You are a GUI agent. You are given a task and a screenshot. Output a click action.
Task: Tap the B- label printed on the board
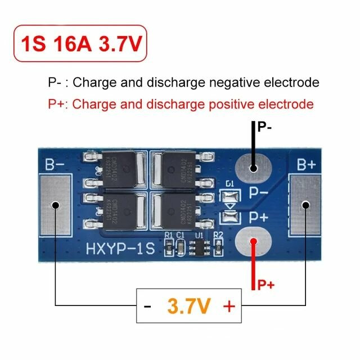click(x=55, y=165)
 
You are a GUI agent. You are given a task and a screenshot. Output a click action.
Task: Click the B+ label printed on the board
click(x=307, y=165)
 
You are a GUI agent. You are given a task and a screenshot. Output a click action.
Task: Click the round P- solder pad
click(x=254, y=167)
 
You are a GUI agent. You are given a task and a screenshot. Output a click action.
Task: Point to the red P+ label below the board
click(x=265, y=285)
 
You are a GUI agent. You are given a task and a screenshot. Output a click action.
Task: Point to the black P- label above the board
click(x=265, y=128)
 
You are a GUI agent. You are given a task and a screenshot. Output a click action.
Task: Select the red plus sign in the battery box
click(x=229, y=307)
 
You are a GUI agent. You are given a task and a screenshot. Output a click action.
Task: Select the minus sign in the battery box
click(x=147, y=307)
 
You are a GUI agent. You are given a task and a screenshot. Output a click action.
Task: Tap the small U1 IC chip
click(x=199, y=246)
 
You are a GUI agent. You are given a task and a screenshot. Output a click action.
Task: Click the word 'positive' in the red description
click(x=218, y=104)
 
